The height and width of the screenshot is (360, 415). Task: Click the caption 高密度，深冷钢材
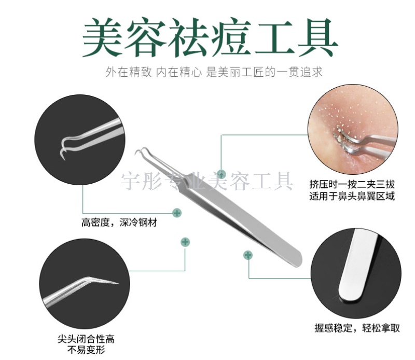(x=119, y=223)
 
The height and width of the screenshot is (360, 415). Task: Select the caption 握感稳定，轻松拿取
(x=357, y=328)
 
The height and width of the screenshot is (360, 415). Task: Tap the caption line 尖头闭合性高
(x=86, y=339)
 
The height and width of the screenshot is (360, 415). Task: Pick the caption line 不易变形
(x=86, y=350)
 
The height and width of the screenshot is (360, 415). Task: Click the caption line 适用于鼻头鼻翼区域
(x=352, y=196)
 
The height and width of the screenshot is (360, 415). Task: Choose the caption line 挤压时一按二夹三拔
(x=352, y=185)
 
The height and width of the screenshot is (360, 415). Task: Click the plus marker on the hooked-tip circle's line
(x=177, y=213)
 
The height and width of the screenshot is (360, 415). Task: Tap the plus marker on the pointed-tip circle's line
(x=185, y=242)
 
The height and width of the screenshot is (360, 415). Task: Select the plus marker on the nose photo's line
(x=222, y=174)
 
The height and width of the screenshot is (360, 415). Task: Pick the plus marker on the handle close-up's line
(x=248, y=255)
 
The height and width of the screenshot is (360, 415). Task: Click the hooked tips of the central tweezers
(x=141, y=152)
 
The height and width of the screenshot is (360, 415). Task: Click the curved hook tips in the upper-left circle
(x=63, y=149)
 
